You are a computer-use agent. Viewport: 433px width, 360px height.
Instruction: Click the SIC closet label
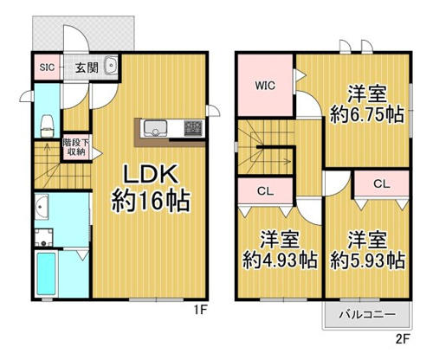click(47, 67)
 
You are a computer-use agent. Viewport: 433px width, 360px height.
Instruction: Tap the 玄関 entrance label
click(87, 67)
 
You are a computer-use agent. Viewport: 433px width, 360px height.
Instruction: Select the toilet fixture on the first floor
click(48, 126)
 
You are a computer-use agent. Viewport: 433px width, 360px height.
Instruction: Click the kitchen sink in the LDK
click(156, 129)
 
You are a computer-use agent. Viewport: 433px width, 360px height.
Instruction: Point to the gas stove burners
click(193, 128)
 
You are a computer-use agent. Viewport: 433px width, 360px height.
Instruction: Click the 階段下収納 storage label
click(76, 147)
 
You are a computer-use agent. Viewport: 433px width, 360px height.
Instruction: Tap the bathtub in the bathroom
click(46, 273)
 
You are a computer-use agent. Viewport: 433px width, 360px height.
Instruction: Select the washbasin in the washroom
click(42, 207)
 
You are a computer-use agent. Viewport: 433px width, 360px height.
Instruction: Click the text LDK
click(150, 175)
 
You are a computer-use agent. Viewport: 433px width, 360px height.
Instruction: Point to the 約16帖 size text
click(151, 201)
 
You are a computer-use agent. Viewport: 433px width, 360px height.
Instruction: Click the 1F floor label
click(200, 311)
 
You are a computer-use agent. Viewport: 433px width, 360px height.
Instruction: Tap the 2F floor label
click(403, 339)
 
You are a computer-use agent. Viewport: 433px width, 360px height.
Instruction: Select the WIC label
click(265, 86)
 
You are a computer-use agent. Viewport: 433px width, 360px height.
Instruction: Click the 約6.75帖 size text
click(366, 114)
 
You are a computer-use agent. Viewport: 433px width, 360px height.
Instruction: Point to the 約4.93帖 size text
click(280, 260)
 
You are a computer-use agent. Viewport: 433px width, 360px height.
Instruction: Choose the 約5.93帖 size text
click(367, 260)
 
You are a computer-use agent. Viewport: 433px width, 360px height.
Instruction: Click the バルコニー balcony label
click(366, 314)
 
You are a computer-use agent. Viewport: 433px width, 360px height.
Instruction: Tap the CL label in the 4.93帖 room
click(265, 191)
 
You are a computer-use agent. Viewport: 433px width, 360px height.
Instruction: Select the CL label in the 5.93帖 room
click(382, 183)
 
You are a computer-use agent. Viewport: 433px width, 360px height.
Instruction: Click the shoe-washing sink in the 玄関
click(111, 66)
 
